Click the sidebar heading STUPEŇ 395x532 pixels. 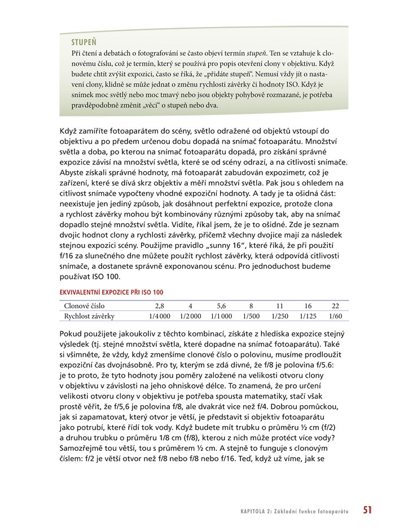(x=84, y=42)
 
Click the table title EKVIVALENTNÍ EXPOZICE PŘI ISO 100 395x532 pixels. (x=111, y=292)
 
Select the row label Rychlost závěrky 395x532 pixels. (x=89, y=316)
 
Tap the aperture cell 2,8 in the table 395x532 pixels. (x=159, y=306)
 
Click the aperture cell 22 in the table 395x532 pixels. (x=336, y=306)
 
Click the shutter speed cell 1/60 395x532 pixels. (x=336, y=316)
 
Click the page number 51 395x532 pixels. (x=367, y=511)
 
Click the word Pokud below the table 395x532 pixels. (x=70, y=333)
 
